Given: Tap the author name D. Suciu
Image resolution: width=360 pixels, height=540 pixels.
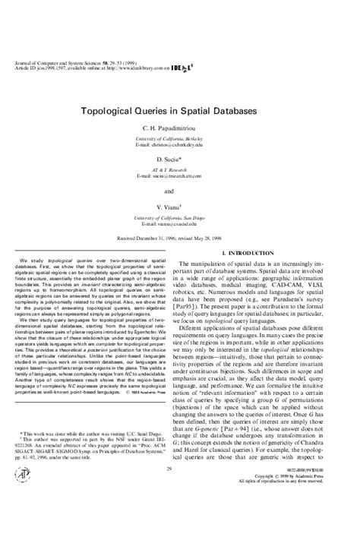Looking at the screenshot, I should [180, 159].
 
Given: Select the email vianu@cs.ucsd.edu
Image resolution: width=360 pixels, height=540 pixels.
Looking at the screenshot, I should [180, 223].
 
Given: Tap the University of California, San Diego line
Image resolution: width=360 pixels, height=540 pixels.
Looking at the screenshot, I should [180, 216].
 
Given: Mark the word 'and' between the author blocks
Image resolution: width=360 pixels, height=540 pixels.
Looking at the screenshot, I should [180, 190].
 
